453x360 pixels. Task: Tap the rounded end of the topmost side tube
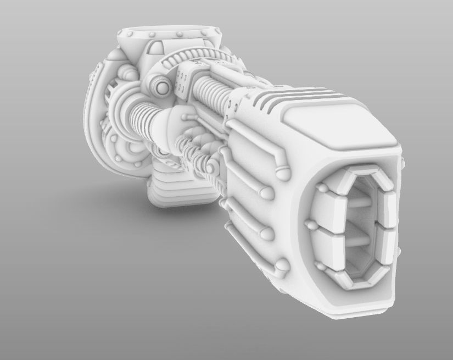tap(281, 173)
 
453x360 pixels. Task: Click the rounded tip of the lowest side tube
tap(282, 267)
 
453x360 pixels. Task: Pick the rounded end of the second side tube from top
tap(266, 192)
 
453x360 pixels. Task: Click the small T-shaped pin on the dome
tap(189, 117)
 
